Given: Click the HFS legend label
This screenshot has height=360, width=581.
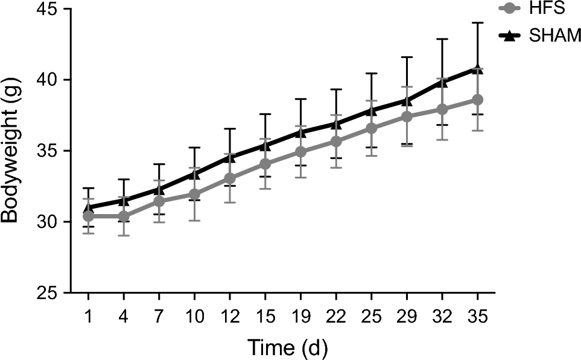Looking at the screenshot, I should point(548,10).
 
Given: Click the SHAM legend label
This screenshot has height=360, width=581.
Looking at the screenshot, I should point(554,36).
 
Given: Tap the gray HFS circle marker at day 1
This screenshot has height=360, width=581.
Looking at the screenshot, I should point(88,216).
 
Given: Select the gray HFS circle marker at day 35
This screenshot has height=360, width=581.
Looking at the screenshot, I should point(477,99).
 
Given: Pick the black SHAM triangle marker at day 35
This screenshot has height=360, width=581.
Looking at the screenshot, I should point(477,69).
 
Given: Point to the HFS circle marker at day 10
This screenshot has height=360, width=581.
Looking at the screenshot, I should point(194,194).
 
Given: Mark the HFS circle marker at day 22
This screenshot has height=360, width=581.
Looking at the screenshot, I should point(336,141).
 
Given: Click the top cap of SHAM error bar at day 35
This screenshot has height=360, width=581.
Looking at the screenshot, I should point(477,23).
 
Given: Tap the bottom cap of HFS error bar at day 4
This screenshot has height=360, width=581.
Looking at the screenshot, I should point(124,235).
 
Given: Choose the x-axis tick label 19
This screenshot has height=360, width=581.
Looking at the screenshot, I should point(300,316).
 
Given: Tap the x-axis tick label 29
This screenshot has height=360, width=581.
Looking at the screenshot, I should point(407,316).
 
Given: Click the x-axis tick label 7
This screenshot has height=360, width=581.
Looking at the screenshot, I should point(159,316).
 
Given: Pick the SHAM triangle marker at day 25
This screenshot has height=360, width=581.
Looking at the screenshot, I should point(371,110).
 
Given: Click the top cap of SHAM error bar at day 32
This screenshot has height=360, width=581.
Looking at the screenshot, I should point(442,39).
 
